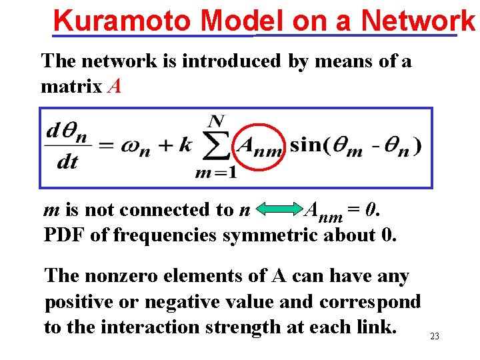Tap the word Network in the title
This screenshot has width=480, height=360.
(x=421, y=21)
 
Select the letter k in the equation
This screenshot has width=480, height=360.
(x=185, y=146)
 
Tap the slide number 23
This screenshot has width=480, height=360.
(x=435, y=337)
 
